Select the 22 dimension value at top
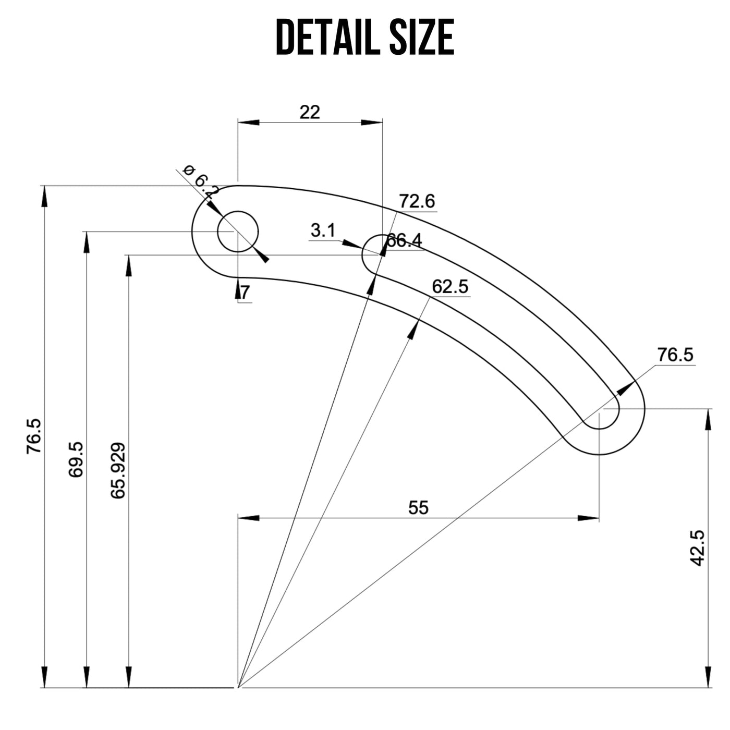coord(310,112)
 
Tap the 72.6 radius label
coord(417,201)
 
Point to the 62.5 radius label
coord(450,287)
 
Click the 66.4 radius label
coord(405,241)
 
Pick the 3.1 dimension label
coord(323,230)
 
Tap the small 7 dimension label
coord(245,293)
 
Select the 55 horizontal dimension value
coord(418,507)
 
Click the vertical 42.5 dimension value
coord(697,547)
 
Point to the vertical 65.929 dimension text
coord(118,470)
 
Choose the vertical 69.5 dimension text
coord(76,459)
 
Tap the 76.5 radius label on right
coord(675,355)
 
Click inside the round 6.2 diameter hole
coord(238,231)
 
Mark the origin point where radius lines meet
coord(238,688)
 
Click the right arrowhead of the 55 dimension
coord(589,518)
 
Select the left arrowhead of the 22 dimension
coord(248,123)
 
